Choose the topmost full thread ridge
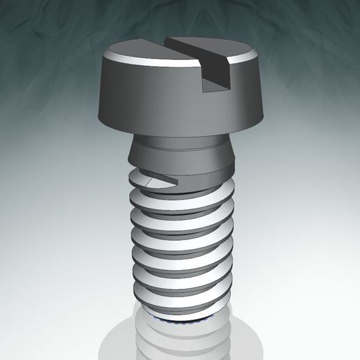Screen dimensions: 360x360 [x=181, y=197]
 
